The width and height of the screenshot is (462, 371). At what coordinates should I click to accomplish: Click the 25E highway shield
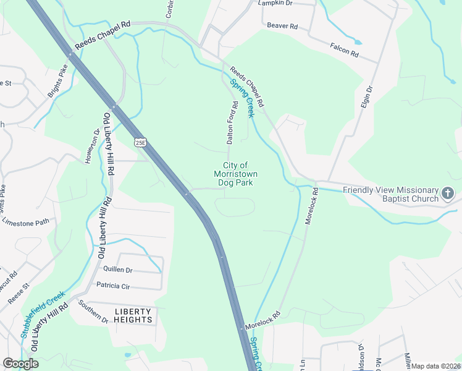(x=140, y=142)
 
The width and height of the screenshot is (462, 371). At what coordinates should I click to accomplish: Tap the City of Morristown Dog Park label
(x=234, y=174)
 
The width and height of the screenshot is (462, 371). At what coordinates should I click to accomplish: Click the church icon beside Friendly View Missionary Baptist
(x=448, y=194)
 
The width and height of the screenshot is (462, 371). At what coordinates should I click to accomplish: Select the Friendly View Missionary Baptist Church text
(x=390, y=194)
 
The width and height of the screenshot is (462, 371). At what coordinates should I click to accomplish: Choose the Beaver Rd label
(x=283, y=26)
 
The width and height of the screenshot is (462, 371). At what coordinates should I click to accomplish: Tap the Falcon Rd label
(x=344, y=50)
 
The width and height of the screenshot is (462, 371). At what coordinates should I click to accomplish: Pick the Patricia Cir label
(x=113, y=286)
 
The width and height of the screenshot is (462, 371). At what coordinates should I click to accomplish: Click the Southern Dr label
(x=93, y=311)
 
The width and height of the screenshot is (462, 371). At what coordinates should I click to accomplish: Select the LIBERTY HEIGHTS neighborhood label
(x=133, y=315)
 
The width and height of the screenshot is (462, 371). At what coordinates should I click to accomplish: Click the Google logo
(x=20, y=364)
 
